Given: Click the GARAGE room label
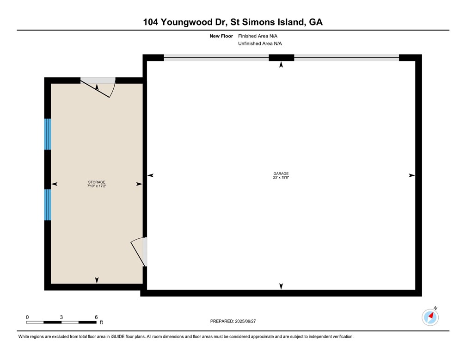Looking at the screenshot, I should tap(281, 174).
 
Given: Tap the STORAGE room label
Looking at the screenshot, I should tap(97, 182).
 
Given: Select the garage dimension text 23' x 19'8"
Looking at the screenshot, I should tap(281, 177).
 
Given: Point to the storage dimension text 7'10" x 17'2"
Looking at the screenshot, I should tap(97, 186).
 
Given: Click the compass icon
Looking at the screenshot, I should tap(430, 317).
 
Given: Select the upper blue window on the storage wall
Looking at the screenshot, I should tap(48, 134).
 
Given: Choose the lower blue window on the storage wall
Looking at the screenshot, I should tap(48, 205).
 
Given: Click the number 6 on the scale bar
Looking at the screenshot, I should tap(96, 317).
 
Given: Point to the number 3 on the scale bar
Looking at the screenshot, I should tap(61, 317).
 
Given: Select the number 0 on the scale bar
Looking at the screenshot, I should tap(27, 317).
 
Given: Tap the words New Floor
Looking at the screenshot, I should tap(221, 36).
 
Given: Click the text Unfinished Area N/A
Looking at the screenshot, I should tap(260, 43).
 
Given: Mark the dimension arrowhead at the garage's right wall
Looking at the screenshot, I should tap(411, 175).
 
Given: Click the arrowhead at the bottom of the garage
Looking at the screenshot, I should tap(281, 286).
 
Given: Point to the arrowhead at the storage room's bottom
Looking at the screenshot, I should tap(97, 280).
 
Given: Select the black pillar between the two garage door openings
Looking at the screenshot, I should tap(281, 58).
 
